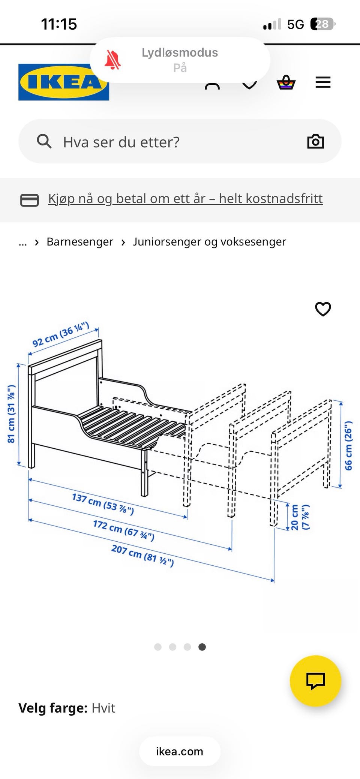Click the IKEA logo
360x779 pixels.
63,82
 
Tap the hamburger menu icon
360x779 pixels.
323,82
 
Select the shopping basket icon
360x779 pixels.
286,82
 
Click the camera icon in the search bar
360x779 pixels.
315,141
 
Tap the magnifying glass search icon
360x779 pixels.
44,141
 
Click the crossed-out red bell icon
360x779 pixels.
112,60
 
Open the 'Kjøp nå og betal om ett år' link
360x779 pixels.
185,199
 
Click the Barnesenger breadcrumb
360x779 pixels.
79,242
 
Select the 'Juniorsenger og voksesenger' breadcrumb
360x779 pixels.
209,242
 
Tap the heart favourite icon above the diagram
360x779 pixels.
323,309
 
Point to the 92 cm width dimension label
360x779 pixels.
61,334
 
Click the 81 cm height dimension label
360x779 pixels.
11,414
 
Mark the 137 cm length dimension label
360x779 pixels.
103,504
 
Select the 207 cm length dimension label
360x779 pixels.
142,556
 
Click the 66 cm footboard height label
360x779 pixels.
348,445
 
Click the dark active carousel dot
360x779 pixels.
202,647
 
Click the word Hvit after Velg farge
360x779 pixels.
103,708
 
